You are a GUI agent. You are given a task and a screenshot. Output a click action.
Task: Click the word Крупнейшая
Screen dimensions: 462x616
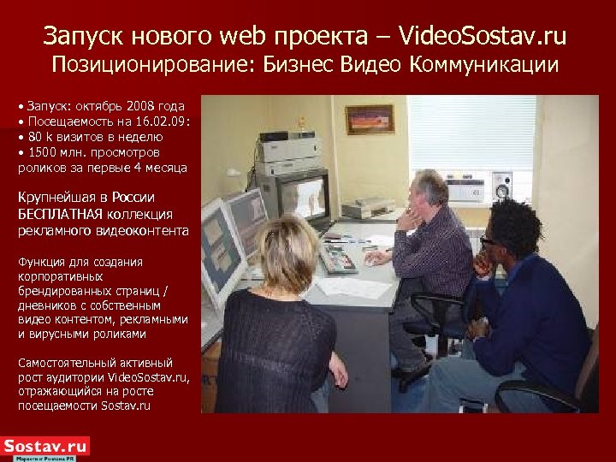click(x=53, y=198)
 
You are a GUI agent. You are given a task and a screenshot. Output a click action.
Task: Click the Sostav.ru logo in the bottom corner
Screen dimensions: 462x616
click(x=45, y=447)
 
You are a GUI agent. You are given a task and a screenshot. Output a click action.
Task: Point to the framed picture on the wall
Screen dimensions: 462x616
click(x=370, y=120)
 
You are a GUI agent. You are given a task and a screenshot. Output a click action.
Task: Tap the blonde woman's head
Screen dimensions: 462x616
click(x=287, y=253)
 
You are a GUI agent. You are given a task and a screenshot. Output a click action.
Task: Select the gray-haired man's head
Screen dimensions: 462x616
click(x=429, y=190)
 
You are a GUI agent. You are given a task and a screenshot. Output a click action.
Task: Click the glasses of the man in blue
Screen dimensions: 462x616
click(x=489, y=242)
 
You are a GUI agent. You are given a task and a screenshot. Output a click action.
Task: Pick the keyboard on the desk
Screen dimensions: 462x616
click(x=337, y=259)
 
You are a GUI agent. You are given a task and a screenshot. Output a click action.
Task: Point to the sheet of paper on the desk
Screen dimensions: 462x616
click(x=352, y=287)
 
